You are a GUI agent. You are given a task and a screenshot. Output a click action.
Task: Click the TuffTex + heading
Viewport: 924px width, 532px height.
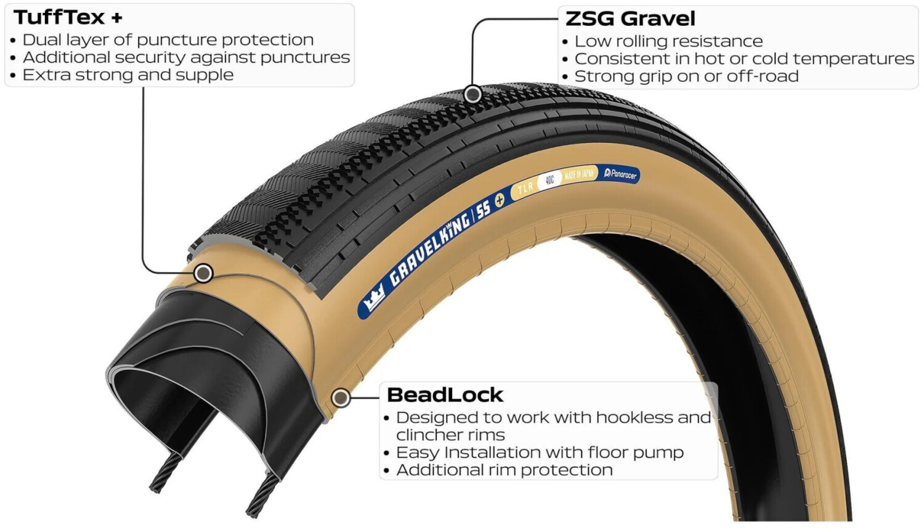[x=68, y=17]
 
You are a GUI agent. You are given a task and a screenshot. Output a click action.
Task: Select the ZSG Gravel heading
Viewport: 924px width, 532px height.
[x=630, y=18]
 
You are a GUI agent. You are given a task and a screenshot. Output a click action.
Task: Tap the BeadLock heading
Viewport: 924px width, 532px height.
[x=445, y=395]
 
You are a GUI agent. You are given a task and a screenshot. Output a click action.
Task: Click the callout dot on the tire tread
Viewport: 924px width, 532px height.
[x=472, y=94]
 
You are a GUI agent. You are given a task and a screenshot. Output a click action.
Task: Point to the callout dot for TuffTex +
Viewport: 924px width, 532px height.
[x=203, y=273]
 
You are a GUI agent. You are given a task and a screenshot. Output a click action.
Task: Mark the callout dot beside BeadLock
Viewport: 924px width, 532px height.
[x=341, y=398]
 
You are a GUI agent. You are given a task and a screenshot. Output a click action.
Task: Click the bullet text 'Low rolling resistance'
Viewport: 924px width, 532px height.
[x=668, y=41]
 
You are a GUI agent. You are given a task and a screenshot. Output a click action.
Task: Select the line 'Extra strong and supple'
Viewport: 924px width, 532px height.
[x=128, y=75]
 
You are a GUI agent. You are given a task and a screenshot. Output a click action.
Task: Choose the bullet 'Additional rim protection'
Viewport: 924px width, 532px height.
[x=504, y=470]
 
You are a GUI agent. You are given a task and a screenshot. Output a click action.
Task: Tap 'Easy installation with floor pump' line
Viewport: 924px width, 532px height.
[x=540, y=452]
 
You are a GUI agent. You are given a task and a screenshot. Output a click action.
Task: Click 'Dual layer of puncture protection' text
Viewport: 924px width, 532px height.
[x=168, y=40]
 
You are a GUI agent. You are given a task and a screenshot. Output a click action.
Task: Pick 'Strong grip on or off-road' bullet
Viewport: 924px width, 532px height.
[x=686, y=76]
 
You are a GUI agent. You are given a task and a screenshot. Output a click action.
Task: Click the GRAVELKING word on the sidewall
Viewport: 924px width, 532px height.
[x=431, y=246]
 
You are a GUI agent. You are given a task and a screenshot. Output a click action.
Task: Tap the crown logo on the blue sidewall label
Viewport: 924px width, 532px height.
[x=373, y=300]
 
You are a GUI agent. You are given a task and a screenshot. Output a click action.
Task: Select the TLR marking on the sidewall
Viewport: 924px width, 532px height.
[x=525, y=188]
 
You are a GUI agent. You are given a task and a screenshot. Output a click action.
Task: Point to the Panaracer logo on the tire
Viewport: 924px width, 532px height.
[x=620, y=174]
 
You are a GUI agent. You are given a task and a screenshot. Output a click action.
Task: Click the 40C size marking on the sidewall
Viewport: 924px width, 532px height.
[x=549, y=181]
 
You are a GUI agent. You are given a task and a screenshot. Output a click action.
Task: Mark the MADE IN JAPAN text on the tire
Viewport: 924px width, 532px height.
[x=579, y=175]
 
